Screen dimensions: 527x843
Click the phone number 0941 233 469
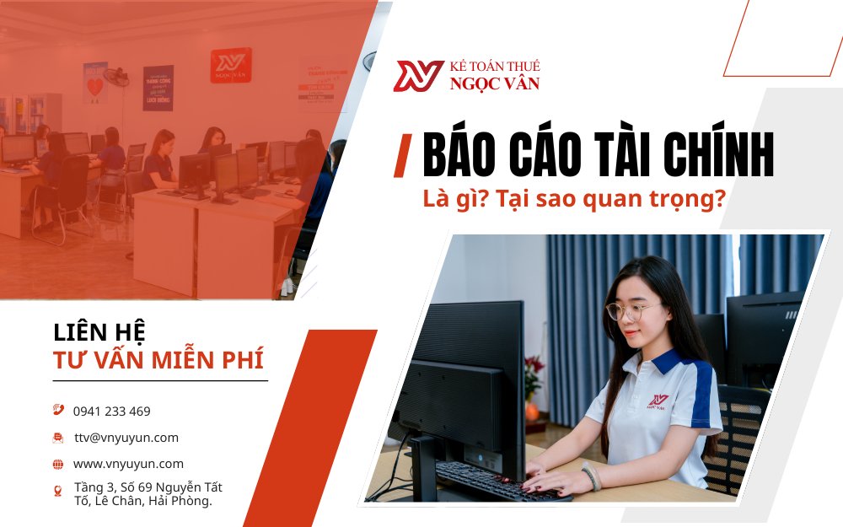click(111, 411)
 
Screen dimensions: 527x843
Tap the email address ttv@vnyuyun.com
click(126, 438)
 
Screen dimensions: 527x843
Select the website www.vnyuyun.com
click(128, 464)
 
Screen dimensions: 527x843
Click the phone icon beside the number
click(58, 411)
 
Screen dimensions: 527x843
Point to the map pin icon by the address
click(58, 491)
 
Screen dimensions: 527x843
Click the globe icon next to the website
click(58, 464)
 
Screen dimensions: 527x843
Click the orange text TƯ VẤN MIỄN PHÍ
click(158, 361)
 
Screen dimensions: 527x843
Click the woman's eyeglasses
click(633, 311)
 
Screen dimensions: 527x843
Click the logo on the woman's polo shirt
click(658, 400)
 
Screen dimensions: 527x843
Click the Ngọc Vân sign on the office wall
click(230, 65)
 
